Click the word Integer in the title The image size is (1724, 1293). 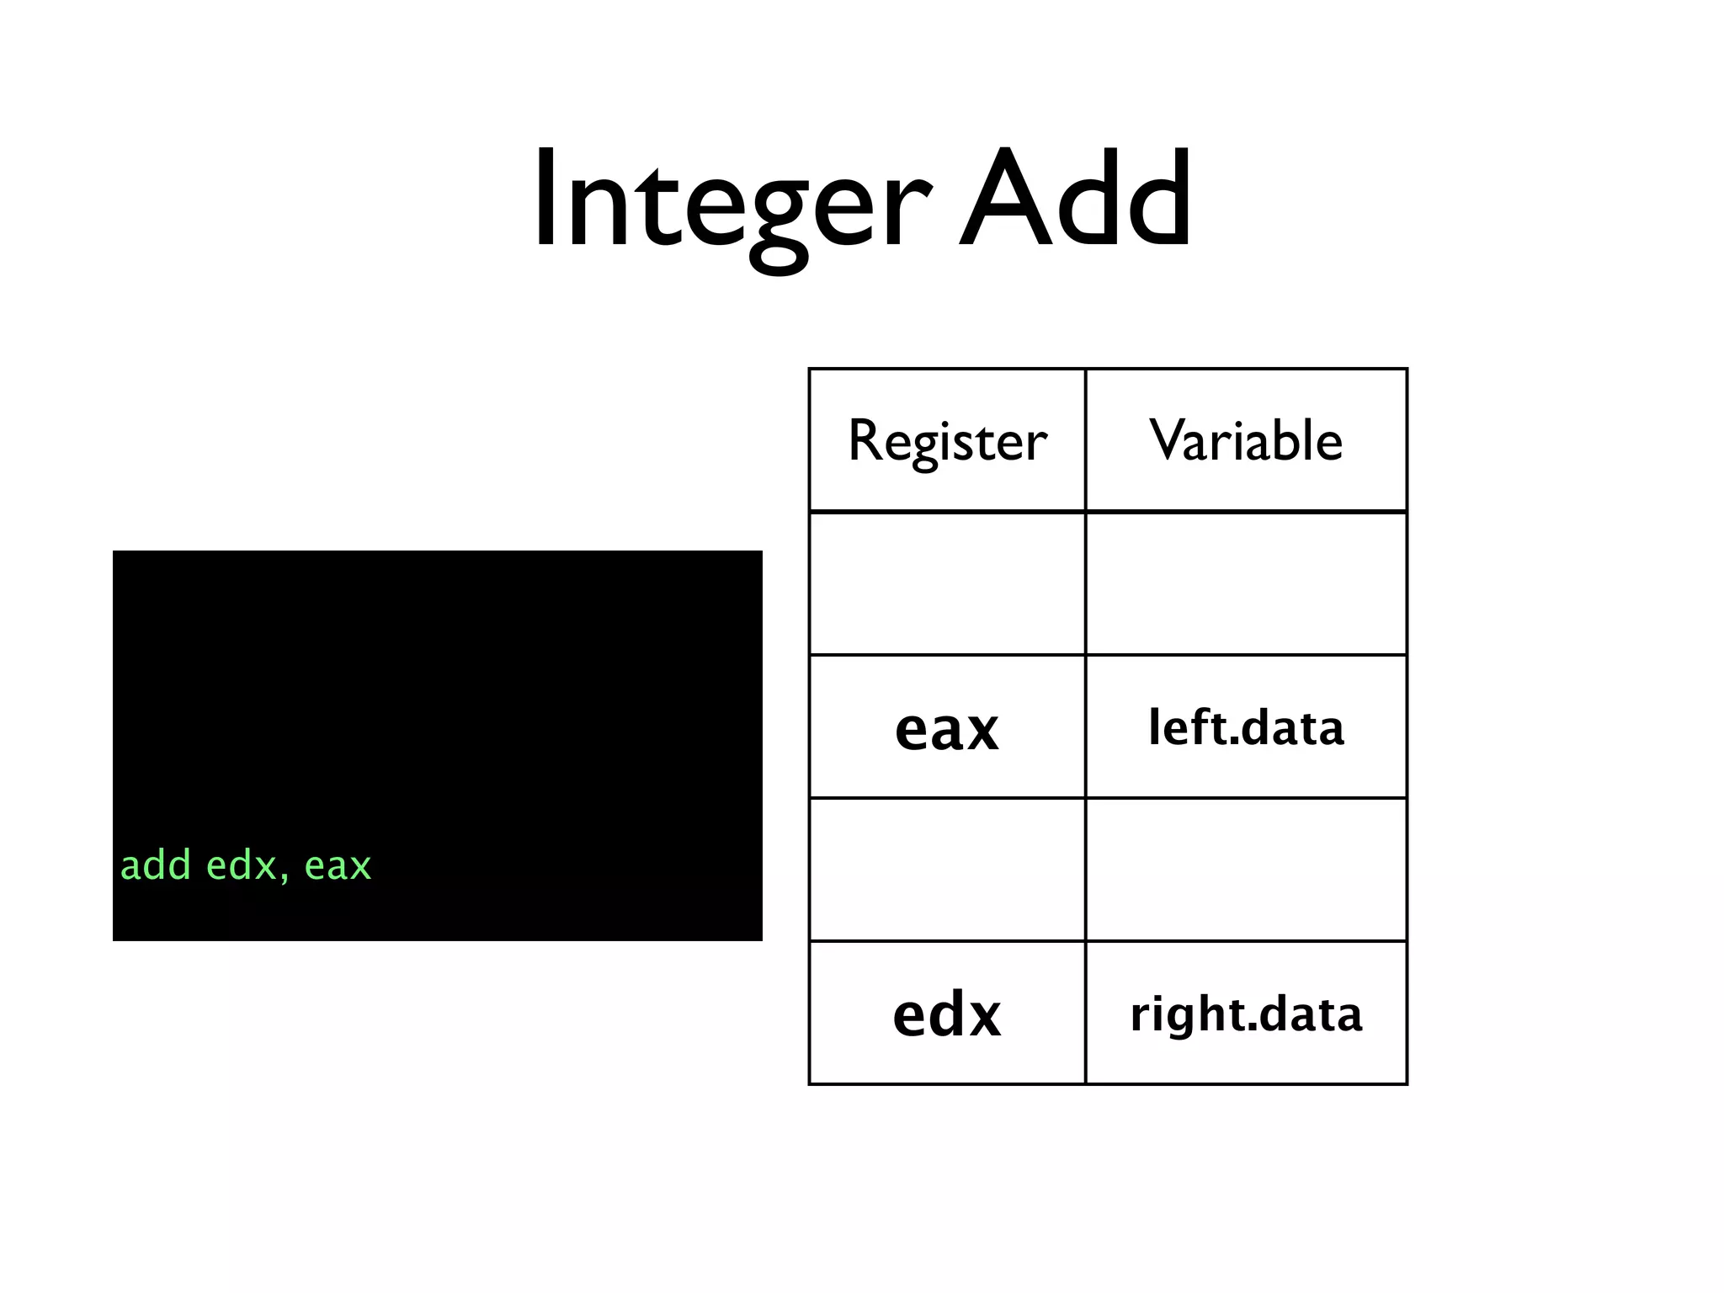732,202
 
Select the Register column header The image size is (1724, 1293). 947,440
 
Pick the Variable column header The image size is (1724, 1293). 1246,440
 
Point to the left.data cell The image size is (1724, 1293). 1246,727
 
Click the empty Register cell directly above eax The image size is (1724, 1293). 947,583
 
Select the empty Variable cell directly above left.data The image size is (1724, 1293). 1246,583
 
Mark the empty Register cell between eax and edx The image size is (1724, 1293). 947,870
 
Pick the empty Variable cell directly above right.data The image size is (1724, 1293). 1246,870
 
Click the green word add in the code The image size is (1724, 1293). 156,865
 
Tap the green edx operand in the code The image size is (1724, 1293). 242,865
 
